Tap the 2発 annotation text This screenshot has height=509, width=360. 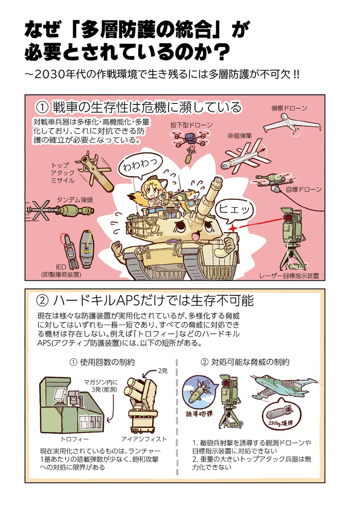pos(163,370)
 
